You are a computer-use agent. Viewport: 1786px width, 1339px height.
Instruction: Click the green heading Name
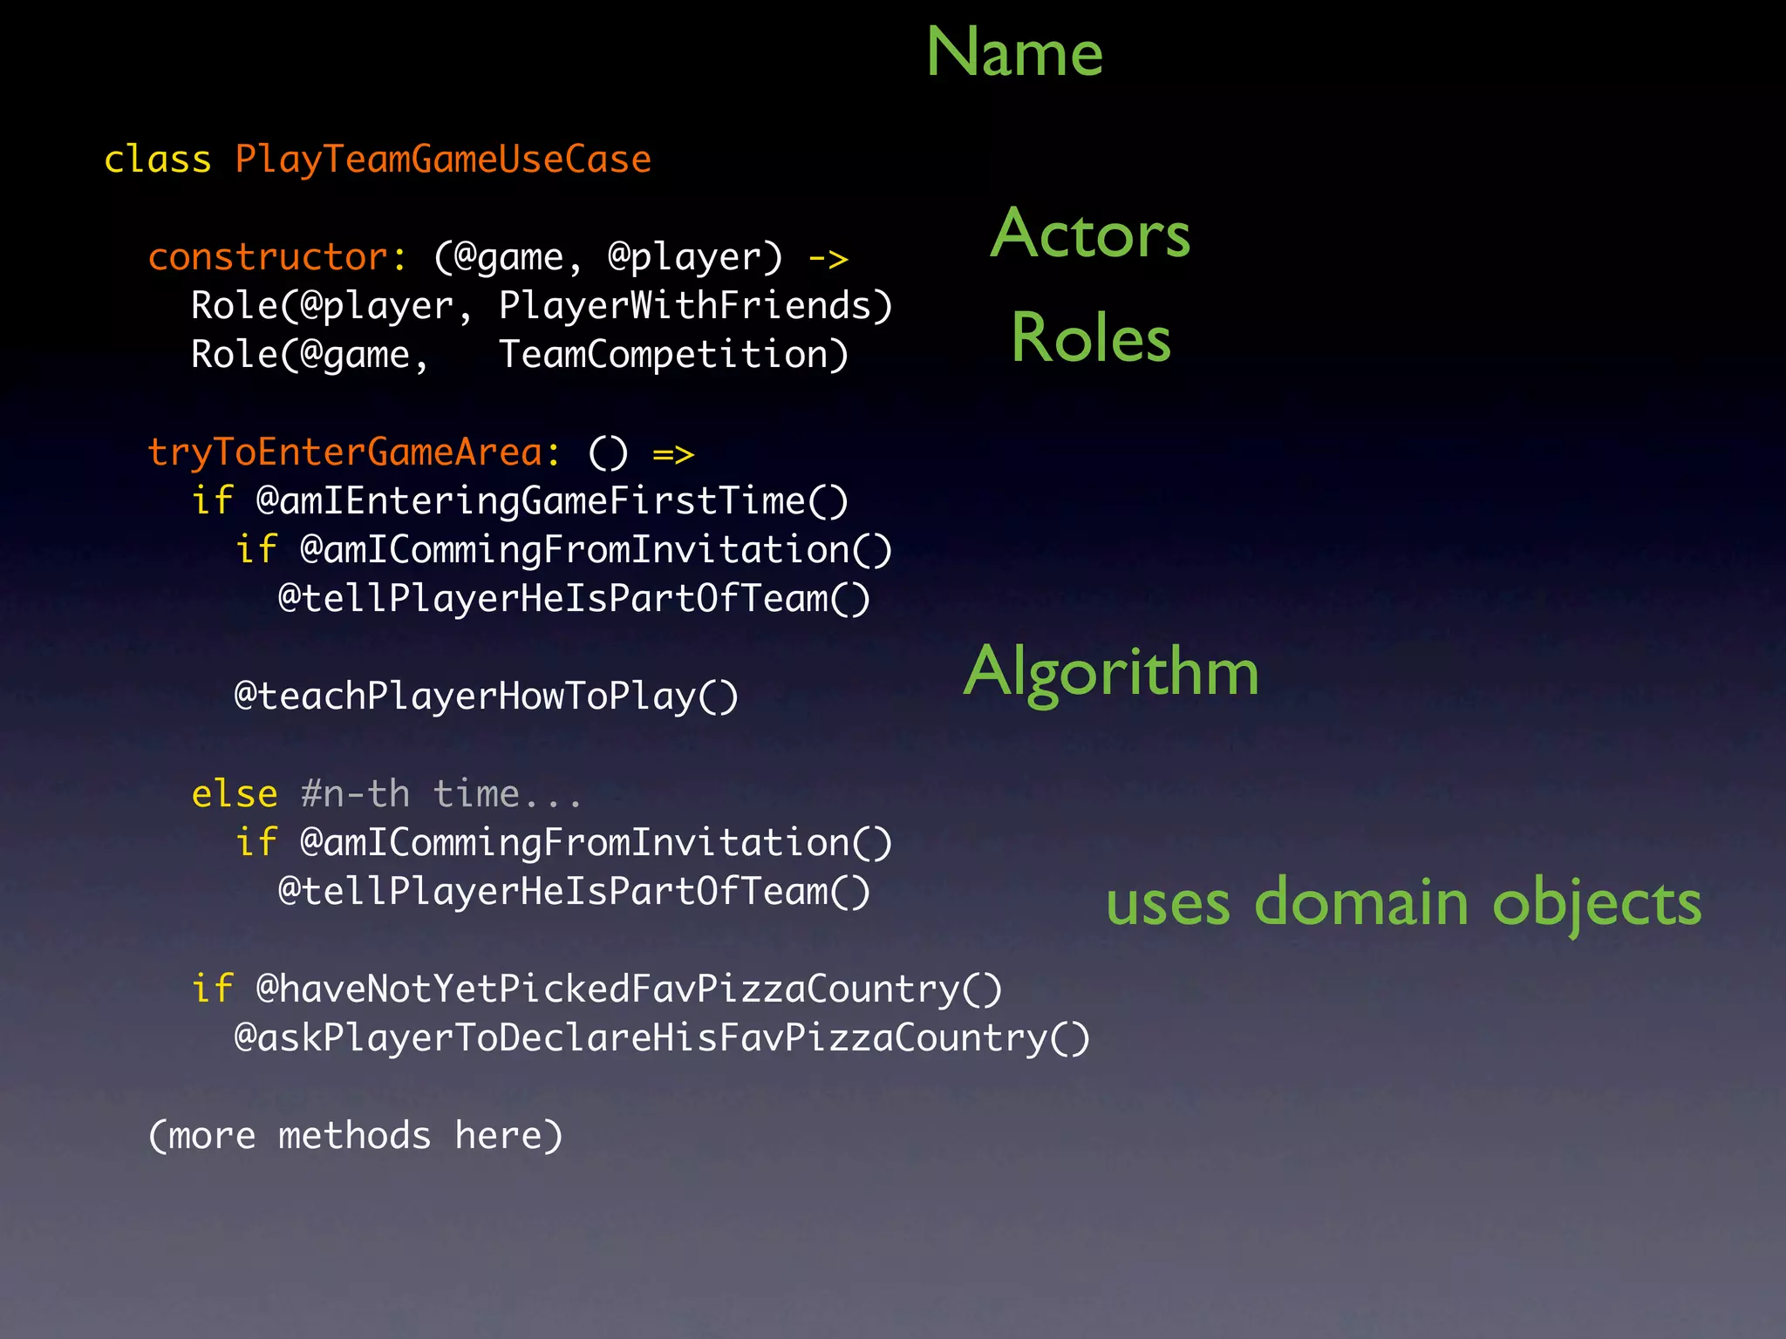(x=1014, y=52)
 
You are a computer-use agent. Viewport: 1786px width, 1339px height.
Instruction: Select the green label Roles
(x=1090, y=338)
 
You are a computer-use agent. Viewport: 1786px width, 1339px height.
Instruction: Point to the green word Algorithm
(x=1111, y=672)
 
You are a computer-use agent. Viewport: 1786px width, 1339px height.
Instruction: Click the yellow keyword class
(x=157, y=160)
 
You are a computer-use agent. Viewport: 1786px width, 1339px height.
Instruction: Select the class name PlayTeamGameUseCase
(x=443, y=160)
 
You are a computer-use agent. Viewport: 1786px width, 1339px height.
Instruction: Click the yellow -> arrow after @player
(x=828, y=258)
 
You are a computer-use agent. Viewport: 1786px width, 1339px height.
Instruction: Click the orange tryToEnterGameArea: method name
(x=354, y=452)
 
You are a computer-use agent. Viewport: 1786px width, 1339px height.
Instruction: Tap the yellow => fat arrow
(x=673, y=453)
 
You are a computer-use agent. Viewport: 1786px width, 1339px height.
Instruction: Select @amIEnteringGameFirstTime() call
(x=552, y=501)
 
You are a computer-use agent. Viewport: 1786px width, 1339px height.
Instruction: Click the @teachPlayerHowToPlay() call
(x=487, y=697)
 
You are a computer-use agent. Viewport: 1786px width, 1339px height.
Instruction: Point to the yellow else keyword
(x=234, y=794)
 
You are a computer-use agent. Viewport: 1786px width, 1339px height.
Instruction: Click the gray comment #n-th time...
(x=440, y=794)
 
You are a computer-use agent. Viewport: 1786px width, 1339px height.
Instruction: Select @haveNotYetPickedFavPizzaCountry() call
(x=629, y=989)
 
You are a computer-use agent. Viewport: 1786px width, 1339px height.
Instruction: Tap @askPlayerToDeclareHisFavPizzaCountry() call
(x=662, y=1038)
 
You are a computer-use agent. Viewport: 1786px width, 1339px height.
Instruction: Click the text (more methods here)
(x=356, y=1136)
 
